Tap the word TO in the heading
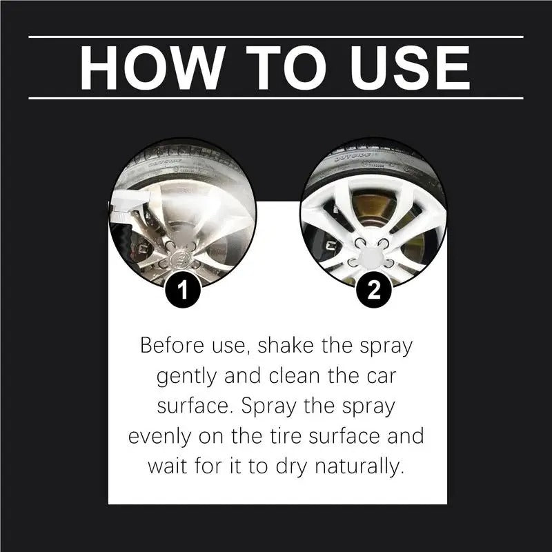tap(273, 67)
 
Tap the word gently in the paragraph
tap(188, 376)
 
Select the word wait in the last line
tap(169, 466)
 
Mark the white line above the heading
tap(276, 37)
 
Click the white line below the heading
tap(276, 98)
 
